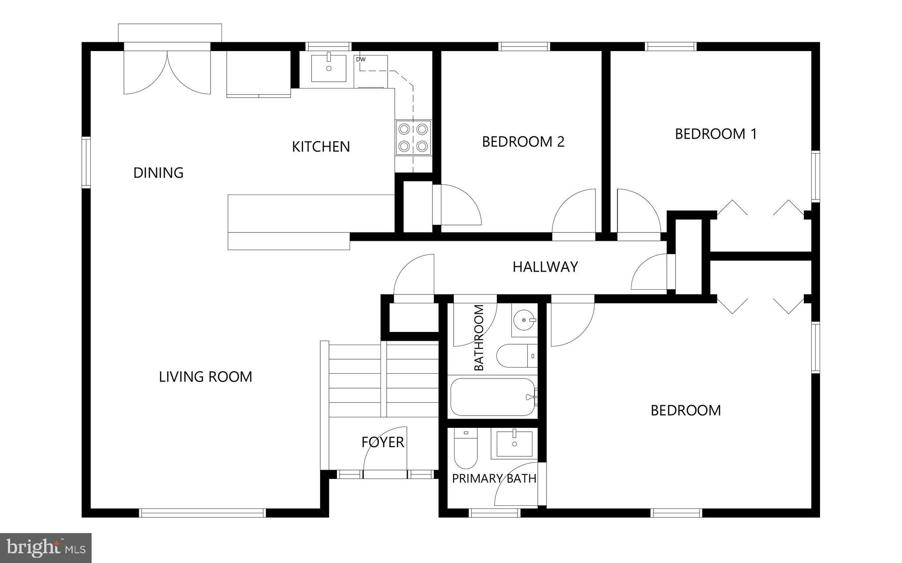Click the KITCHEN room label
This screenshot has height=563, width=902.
(x=321, y=147)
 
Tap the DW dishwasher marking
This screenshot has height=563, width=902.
(x=361, y=59)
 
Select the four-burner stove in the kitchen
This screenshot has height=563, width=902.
(x=413, y=137)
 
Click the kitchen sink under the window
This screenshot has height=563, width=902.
(x=329, y=68)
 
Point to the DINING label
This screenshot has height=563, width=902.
(x=158, y=173)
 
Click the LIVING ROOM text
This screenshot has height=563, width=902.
(x=205, y=377)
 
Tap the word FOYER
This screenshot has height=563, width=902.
(x=383, y=442)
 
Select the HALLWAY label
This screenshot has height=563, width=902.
(x=545, y=267)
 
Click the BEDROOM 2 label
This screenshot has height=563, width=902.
(x=523, y=142)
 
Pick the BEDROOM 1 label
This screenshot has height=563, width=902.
(x=716, y=134)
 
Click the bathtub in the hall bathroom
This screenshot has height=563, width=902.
(x=492, y=397)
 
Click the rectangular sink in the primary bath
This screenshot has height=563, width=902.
(x=514, y=444)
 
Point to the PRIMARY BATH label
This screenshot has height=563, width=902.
(x=494, y=478)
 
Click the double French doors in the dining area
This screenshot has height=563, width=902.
(x=167, y=70)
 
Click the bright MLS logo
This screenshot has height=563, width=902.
(x=46, y=548)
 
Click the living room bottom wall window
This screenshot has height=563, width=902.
(x=203, y=513)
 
